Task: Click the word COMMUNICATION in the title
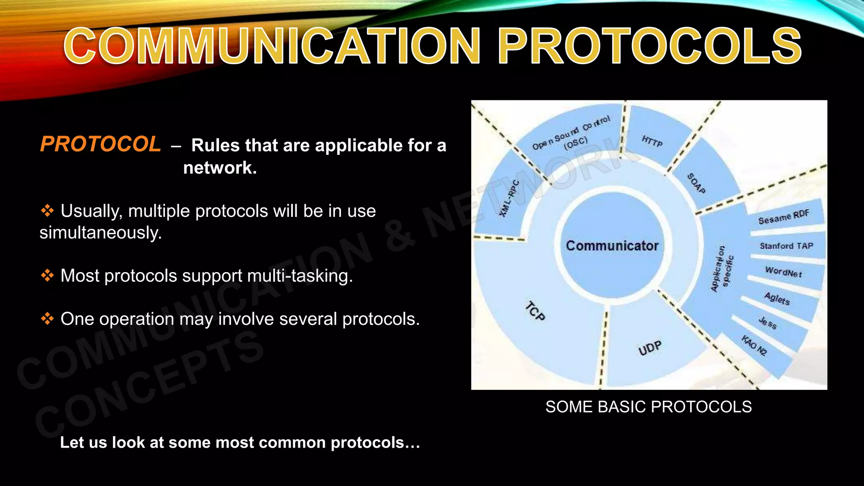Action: pos(272,46)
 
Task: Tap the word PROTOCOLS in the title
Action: pos(650,46)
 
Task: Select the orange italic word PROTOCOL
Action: pos(100,144)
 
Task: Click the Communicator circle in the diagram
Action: pos(612,246)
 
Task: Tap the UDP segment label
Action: pos(650,348)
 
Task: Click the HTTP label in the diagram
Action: pos(652,141)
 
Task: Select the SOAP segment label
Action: pos(696,183)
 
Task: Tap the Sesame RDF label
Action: pos(784,217)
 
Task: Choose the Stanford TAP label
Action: pos(786,246)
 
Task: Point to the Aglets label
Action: pos(777,299)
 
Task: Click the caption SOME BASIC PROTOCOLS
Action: pos(648,407)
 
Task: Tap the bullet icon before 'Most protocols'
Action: pos(47,276)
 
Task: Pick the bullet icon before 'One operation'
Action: pos(47,319)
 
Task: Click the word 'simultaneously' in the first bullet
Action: pos(100,233)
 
